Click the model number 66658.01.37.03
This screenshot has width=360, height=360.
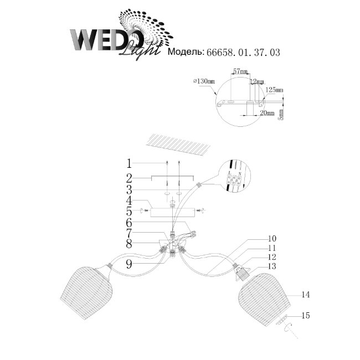[x=243, y=53]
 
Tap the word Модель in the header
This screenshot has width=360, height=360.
[x=186, y=53]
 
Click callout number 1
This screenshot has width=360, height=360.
[x=128, y=163]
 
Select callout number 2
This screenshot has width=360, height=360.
[x=128, y=178]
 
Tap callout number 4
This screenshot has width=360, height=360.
[x=128, y=200]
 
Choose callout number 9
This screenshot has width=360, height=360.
[x=128, y=265]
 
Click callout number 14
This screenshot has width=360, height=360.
[x=305, y=295]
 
